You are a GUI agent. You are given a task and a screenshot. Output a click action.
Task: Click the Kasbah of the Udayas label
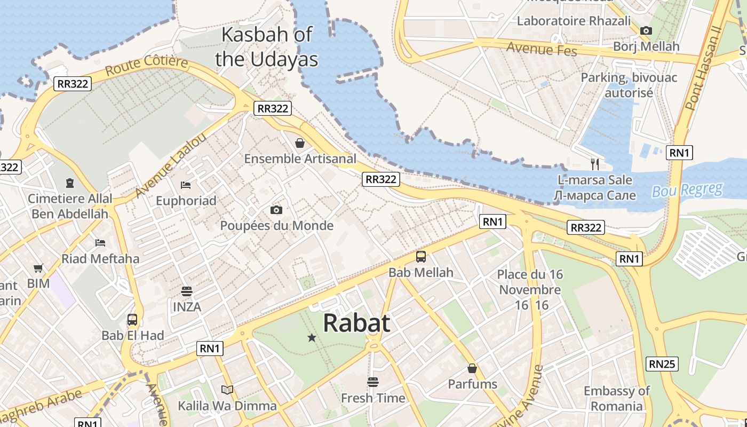click(x=266, y=46)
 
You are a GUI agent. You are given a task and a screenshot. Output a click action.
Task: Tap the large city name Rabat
click(x=356, y=323)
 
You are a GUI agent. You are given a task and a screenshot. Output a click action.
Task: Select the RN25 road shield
click(x=662, y=364)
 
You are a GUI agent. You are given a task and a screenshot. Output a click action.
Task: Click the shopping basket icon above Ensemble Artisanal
click(x=300, y=143)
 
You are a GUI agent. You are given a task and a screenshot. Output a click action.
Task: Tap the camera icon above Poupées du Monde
click(x=276, y=210)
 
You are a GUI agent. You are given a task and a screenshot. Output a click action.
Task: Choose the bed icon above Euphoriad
click(x=186, y=185)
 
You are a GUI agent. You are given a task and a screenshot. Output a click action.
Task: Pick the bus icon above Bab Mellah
click(x=421, y=257)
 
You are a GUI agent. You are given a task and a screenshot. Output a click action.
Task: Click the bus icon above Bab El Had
click(x=132, y=320)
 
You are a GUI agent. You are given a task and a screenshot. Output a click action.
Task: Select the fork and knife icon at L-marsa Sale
click(x=595, y=164)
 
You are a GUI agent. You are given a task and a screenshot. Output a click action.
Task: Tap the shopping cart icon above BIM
click(x=38, y=268)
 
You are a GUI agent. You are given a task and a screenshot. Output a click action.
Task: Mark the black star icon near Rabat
click(x=312, y=337)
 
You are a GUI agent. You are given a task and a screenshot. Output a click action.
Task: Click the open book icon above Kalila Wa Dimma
click(x=227, y=390)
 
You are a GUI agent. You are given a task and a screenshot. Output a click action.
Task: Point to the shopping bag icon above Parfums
click(x=472, y=368)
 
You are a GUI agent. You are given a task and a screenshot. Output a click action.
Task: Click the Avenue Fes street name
click(x=542, y=49)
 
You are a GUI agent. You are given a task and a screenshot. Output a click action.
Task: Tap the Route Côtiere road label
click(x=146, y=66)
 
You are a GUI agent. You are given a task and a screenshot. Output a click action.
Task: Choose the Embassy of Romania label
click(x=616, y=398)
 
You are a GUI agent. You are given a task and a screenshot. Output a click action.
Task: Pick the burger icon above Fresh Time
click(x=372, y=382)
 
